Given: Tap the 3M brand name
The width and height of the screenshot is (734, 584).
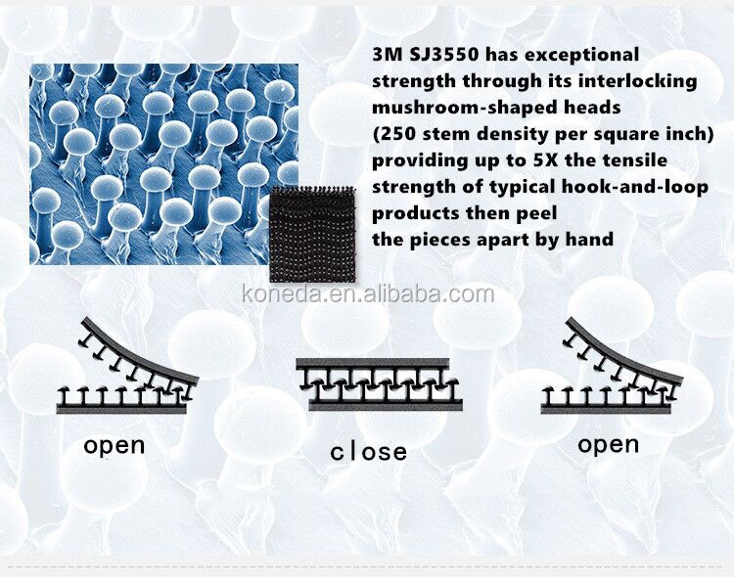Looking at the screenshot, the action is pos(388,55).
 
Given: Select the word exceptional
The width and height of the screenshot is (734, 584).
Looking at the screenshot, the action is pos(582,56).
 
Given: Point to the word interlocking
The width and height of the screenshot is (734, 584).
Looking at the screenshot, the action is pos(638,82).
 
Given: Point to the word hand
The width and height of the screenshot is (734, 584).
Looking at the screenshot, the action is pos(589,240).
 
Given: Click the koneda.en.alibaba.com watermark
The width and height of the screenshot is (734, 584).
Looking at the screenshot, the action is pos(368,294).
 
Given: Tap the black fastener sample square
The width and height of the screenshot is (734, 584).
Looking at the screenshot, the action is pos(313,235).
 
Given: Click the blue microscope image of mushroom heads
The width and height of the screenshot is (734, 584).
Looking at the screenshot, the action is pos(163,163).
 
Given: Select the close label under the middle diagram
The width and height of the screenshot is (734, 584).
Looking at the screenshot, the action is pos(368,453).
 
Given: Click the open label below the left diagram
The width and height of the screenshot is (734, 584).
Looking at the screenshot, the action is pos(115,446).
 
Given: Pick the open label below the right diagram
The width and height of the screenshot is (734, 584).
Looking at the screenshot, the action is pos(609,445).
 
